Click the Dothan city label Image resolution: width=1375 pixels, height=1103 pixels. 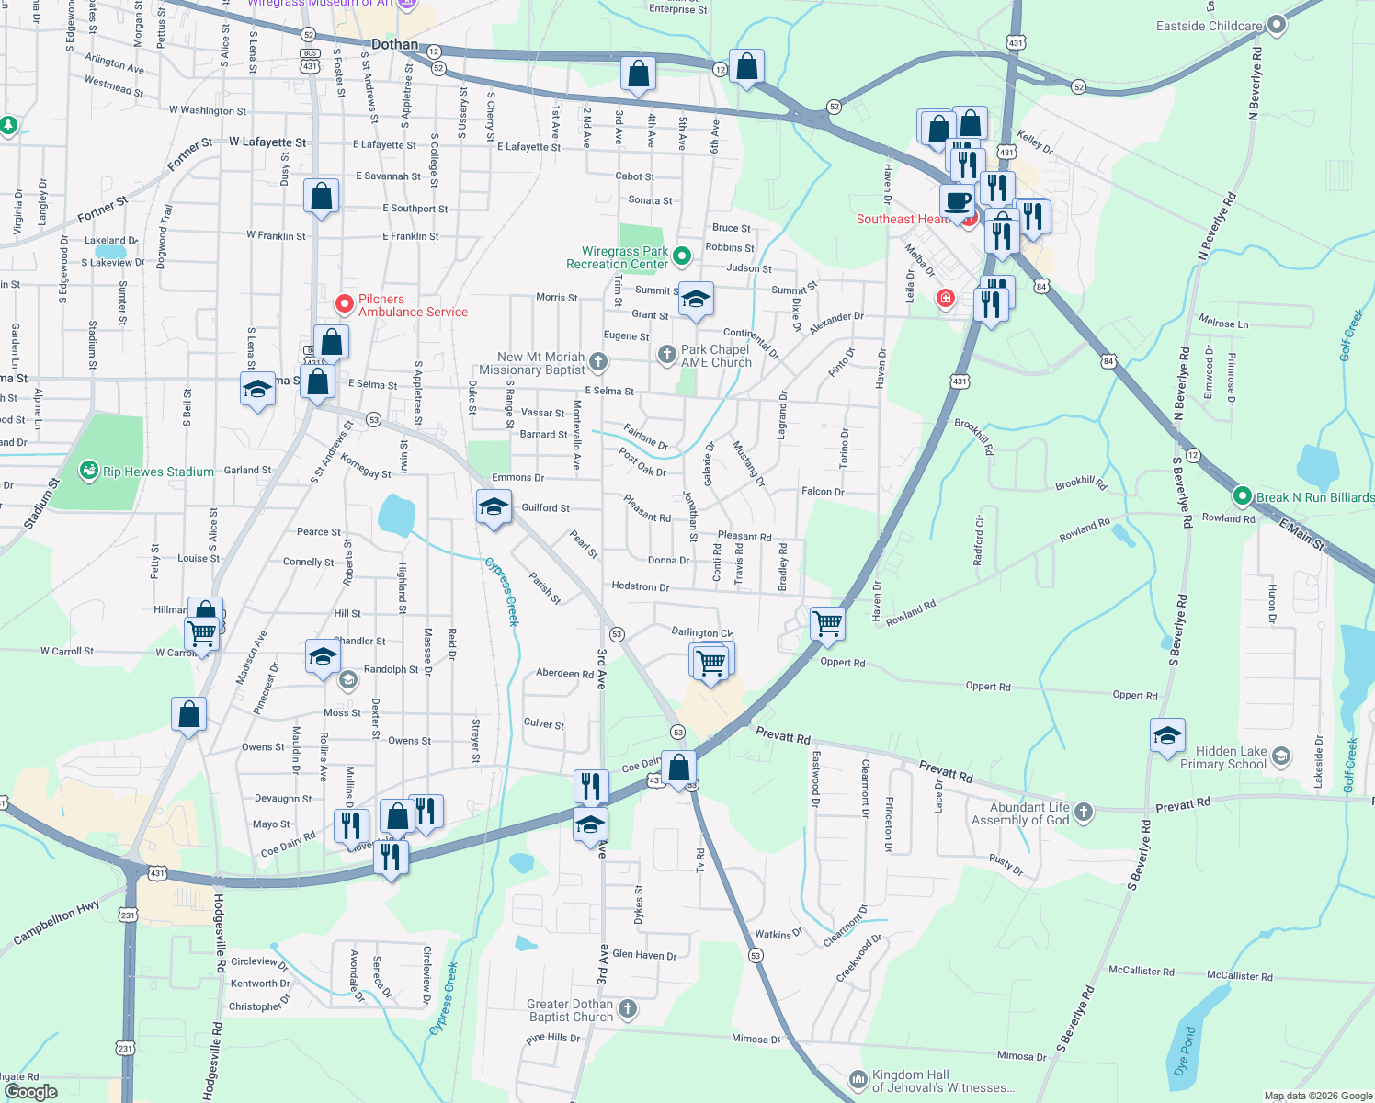click(x=394, y=44)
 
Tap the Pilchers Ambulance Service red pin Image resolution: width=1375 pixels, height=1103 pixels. click(x=344, y=303)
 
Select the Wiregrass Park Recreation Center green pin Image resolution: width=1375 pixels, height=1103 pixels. click(x=682, y=255)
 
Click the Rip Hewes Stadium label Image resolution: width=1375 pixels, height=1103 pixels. click(x=158, y=472)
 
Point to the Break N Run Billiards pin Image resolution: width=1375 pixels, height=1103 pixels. click(x=1243, y=496)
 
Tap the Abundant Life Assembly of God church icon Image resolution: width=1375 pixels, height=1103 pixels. click(x=1084, y=811)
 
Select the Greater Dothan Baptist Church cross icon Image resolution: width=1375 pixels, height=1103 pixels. click(x=628, y=1008)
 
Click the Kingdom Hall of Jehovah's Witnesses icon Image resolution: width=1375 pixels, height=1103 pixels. click(x=858, y=1078)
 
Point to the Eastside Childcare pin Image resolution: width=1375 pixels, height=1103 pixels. click(x=1276, y=25)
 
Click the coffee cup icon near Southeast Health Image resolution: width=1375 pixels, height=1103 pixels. click(x=957, y=200)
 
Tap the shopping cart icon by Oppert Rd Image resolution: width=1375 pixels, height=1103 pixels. click(x=827, y=622)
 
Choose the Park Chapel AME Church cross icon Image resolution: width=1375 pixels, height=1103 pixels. click(x=667, y=354)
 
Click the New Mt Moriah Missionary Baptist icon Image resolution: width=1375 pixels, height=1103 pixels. click(x=598, y=361)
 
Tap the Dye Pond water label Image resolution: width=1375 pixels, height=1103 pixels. click(x=1186, y=1051)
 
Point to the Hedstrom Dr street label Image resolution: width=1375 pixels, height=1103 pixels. click(x=640, y=586)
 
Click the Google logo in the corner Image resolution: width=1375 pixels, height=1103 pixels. click(x=31, y=1091)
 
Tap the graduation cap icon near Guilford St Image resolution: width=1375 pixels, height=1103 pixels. click(x=494, y=506)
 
